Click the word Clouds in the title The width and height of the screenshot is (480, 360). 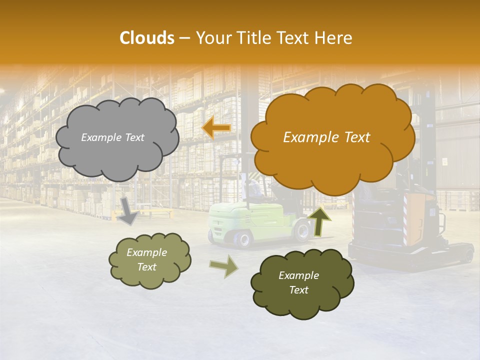147,38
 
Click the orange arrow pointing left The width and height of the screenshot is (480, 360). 216,128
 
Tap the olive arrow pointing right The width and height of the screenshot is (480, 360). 223,266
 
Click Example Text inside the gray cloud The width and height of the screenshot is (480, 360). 112,137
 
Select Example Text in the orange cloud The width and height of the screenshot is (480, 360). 326,137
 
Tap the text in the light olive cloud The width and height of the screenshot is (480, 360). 146,260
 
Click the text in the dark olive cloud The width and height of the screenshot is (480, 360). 298,283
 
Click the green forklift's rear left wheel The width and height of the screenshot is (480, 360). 243,239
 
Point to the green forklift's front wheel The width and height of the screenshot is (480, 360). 302,231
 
